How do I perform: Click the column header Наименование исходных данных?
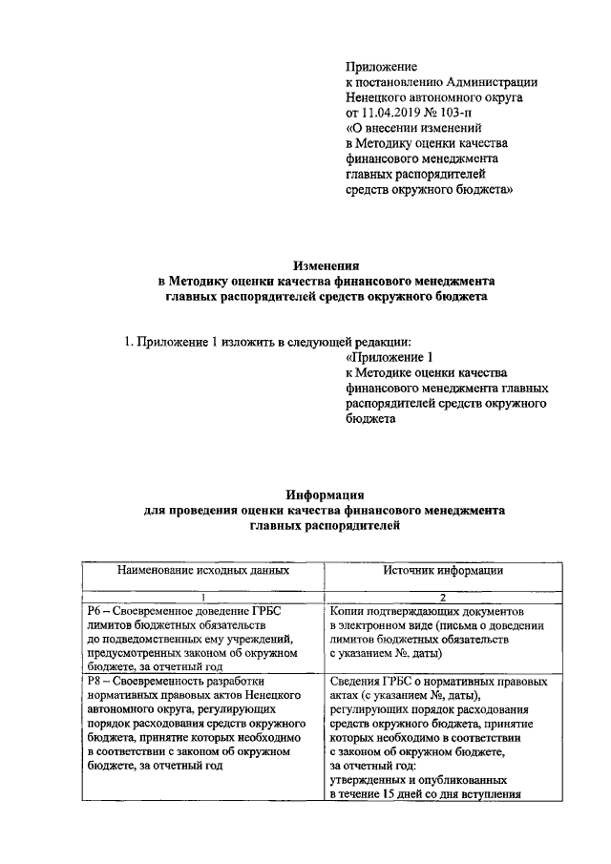[x=202, y=570]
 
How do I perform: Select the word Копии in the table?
[x=348, y=609]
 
